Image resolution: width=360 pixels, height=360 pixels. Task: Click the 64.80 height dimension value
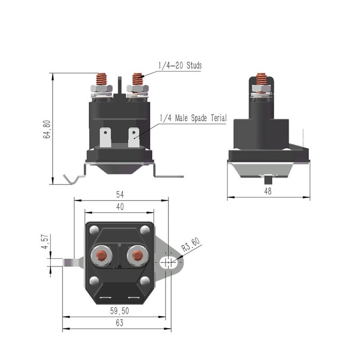coord(47,129)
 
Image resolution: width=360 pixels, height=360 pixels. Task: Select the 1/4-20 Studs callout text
coord(180,65)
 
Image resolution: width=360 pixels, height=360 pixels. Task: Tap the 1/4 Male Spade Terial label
coord(193,118)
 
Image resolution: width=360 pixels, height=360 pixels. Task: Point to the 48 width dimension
coord(268,191)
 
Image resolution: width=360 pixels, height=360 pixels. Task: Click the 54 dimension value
coord(120,195)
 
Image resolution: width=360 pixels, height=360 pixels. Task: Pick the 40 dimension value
coord(120,207)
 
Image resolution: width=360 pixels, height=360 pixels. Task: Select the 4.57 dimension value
coord(45,241)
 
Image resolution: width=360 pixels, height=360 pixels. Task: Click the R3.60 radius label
coord(190,245)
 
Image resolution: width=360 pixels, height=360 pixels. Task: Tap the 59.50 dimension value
coord(119,311)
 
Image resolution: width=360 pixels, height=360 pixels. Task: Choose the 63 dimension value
coord(119,323)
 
